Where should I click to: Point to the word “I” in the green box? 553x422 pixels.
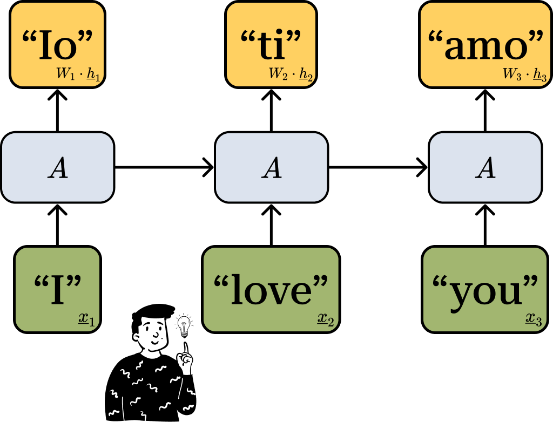pyautogui.click(x=57, y=290)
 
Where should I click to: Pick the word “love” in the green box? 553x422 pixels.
pyautogui.click(x=271, y=290)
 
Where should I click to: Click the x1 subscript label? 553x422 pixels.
pyautogui.click(x=86, y=322)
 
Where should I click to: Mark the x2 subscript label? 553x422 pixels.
pyautogui.click(x=326, y=322)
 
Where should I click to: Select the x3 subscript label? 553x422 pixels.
pyautogui.click(x=534, y=322)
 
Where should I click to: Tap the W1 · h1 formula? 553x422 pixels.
pyautogui.click(x=78, y=74)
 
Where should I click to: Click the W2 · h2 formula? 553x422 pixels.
pyautogui.click(x=291, y=74)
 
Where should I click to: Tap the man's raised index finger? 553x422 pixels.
pyautogui.click(x=185, y=349)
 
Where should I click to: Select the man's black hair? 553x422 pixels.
pyautogui.click(x=149, y=316)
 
